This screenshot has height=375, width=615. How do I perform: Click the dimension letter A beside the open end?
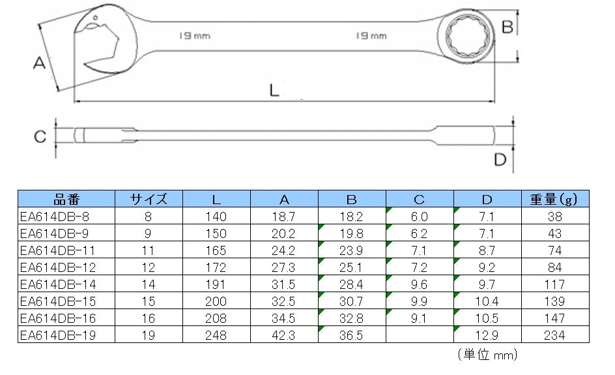pyautogui.click(x=38, y=63)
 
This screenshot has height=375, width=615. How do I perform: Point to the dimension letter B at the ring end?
pyautogui.click(x=508, y=27)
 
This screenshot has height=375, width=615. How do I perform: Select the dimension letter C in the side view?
pyautogui.click(x=40, y=137)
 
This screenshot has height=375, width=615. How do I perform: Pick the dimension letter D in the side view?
pyautogui.click(x=500, y=159)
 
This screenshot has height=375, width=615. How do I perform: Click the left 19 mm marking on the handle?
pyautogui.click(x=195, y=36)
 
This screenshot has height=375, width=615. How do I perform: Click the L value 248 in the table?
pyautogui.click(x=216, y=335)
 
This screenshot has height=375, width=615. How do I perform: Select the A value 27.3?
pyautogui.click(x=284, y=267)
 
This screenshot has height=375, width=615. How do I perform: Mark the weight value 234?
pyautogui.click(x=555, y=335)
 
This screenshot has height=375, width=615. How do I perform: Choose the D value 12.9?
pyautogui.click(x=487, y=335)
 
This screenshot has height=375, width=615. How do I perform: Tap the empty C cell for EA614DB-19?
pyautogui.click(x=420, y=335)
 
